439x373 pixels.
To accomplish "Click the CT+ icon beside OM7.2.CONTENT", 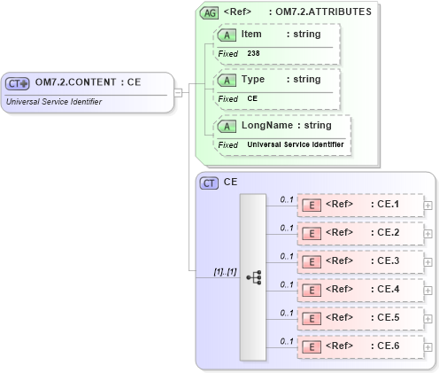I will click(x=18, y=83).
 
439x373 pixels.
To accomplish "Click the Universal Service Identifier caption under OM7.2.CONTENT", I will click(x=54, y=101).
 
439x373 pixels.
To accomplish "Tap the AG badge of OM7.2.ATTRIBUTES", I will click(x=209, y=12).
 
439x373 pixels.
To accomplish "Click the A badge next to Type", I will click(x=227, y=80).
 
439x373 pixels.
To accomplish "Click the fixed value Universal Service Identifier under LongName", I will click(x=296, y=144).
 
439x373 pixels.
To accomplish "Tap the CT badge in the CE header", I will click(x=209, y=183).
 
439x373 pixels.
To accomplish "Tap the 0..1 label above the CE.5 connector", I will click(x=286, y=313).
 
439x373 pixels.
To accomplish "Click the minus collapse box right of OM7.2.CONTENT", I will click(x=178, y=91).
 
